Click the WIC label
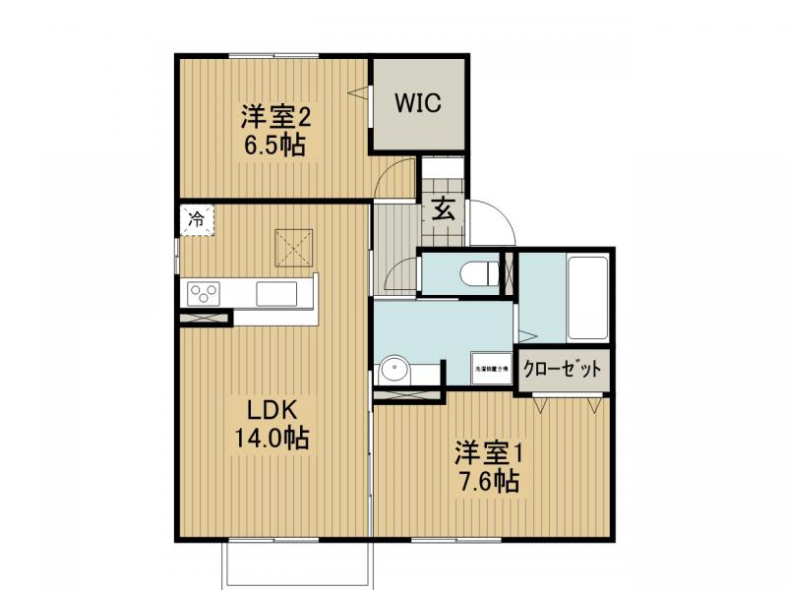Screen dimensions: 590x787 pyautogui.click(x=418, y=103)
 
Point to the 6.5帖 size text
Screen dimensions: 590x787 pyautogui.click(x=277, y=147)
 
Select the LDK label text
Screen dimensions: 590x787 pyautogui.click(x=265, y=409)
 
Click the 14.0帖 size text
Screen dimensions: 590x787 pyautogui.click(x=271, y=438)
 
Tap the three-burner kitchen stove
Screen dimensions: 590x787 pyautogui.click(x=206, y=293)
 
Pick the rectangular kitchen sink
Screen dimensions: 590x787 pyautogui.click(x=276, y=293)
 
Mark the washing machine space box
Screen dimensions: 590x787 pyautogui.click(x=491, y=369)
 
